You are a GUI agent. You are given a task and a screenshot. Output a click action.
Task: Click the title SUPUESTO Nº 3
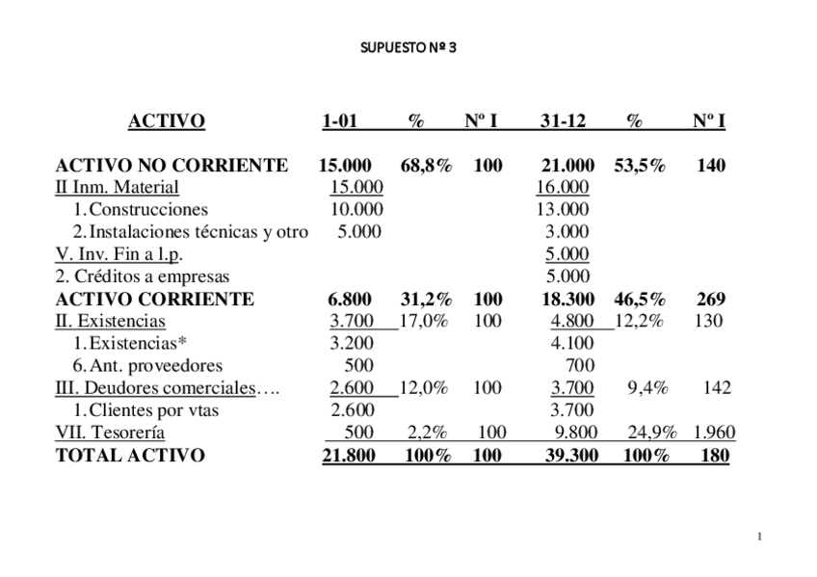408,45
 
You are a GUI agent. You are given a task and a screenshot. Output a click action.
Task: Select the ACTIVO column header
166,121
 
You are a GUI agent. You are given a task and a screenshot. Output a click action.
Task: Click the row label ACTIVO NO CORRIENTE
171,166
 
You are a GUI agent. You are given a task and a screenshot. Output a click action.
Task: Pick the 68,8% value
426,166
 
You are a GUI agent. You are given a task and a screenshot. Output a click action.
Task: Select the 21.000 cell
567,166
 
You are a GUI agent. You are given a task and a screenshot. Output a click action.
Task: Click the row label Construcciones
148,209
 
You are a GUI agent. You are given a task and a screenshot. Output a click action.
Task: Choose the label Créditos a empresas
143,276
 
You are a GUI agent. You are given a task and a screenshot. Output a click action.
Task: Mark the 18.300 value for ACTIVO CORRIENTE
567,299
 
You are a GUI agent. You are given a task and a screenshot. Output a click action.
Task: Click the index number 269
711,299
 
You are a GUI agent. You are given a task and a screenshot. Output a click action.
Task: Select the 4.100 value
572,343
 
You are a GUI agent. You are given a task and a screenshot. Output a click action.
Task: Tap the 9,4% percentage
646,388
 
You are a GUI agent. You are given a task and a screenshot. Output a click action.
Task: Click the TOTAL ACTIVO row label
130,456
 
